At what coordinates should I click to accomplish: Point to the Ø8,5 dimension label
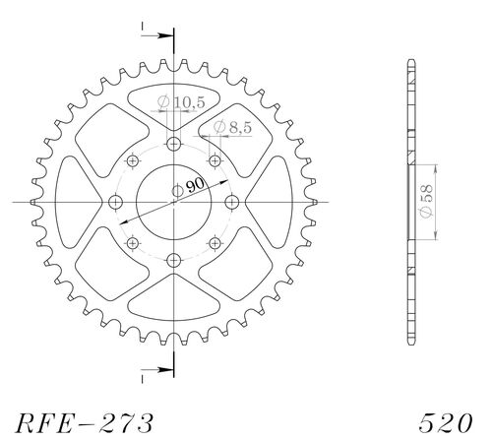pos(230,127)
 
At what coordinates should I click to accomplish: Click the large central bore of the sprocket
pos(174,202)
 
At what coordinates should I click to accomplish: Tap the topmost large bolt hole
pos(174,145)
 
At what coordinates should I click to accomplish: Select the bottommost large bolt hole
pos(174,260)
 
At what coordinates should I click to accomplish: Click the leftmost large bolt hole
pos(116,203)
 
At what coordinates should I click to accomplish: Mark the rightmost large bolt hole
pos(232,203)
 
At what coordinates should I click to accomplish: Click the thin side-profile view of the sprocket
pos(408,202)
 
